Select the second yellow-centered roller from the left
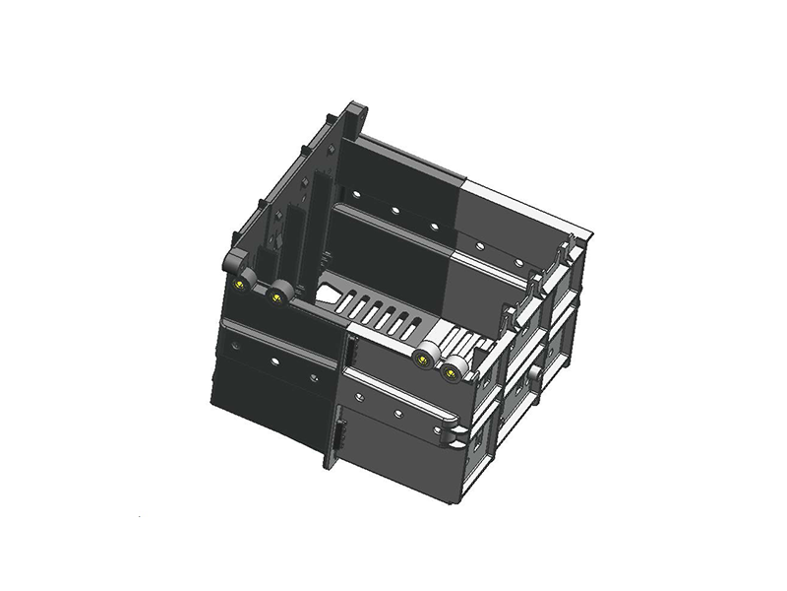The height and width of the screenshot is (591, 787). tap(279, 293)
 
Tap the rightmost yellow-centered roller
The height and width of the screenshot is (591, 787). tap(454, 370)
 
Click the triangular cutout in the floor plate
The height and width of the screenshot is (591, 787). tap(331, 295)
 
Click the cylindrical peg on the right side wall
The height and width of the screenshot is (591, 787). tap(532, 375)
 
